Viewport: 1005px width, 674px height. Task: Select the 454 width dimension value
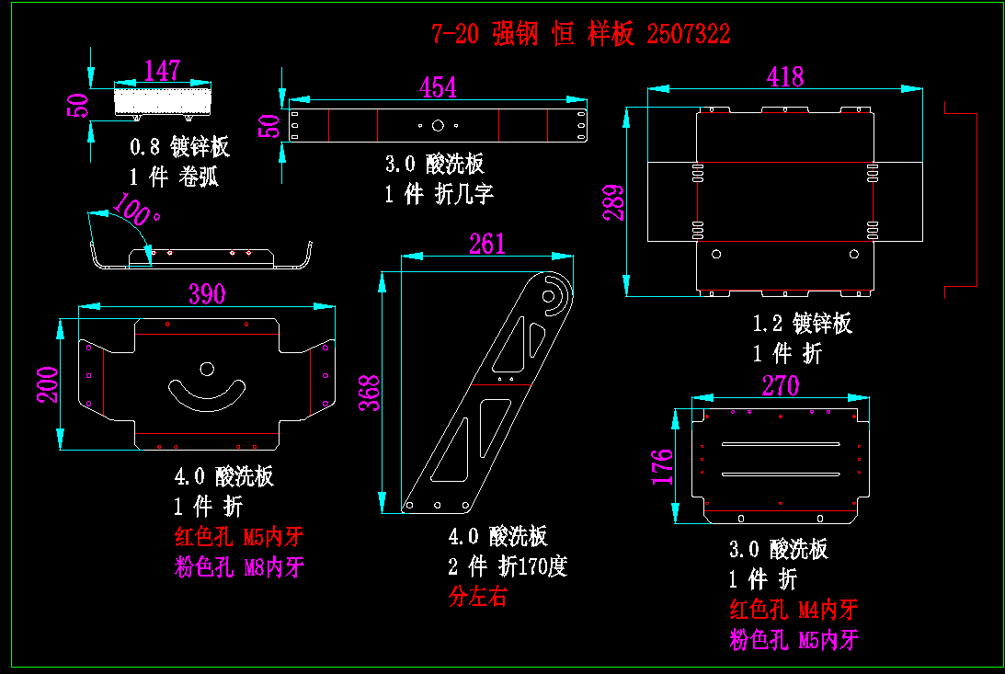[438, 87]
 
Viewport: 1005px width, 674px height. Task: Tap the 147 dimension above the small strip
[163, 71]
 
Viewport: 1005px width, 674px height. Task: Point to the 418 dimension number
[785, 76]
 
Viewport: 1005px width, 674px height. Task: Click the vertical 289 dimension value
[613, 203]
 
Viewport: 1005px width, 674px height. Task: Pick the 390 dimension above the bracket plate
[207, 294]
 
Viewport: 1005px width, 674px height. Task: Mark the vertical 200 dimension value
[48, 385]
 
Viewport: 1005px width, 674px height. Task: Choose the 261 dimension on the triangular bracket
[487, 244]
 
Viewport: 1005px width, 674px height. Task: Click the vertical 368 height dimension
[370, 393]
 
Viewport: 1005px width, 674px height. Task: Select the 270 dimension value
[781, 385]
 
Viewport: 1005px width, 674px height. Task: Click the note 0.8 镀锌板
[179, 147]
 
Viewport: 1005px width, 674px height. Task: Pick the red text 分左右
[477, 596]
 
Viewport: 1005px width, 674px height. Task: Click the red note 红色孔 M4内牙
[794, 609]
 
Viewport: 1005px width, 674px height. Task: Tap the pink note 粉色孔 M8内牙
[239, 567]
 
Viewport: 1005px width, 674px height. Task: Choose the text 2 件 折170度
[508, 565]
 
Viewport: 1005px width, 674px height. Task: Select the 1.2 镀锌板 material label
[802, 324]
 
